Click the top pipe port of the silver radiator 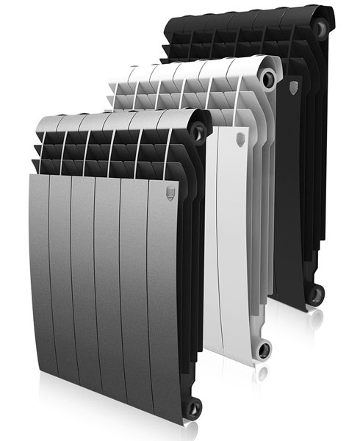point(197,130)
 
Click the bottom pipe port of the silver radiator point(193,406)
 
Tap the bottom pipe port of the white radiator point(263,348)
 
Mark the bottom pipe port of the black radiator point(315,293)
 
